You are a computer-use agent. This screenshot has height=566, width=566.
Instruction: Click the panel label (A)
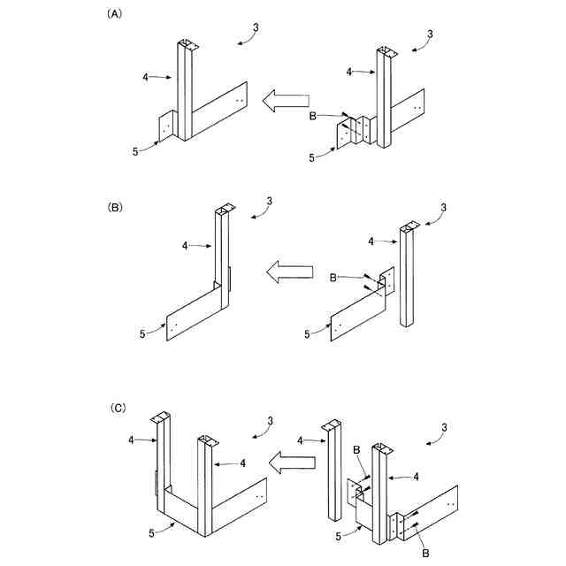[x=114, y=14]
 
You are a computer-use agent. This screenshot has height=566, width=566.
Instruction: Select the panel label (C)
[x=116, y=409]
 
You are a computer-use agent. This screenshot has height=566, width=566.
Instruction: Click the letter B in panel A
[x=312, y=115]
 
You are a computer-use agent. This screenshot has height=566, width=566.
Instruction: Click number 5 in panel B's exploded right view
[x=307, y=333]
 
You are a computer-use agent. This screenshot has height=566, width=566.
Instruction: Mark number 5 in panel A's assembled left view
[x=135, y=151]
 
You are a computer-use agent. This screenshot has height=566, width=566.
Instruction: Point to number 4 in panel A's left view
[x=145, y=77]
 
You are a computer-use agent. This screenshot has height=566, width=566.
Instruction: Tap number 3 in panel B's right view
[x=445, y=208]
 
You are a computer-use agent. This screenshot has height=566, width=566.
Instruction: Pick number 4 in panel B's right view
[x=372, y=240]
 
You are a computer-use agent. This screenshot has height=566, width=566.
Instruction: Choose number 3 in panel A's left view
[x=256, y=27]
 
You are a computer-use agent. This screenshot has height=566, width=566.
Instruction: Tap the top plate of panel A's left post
[x=187, y=42]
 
